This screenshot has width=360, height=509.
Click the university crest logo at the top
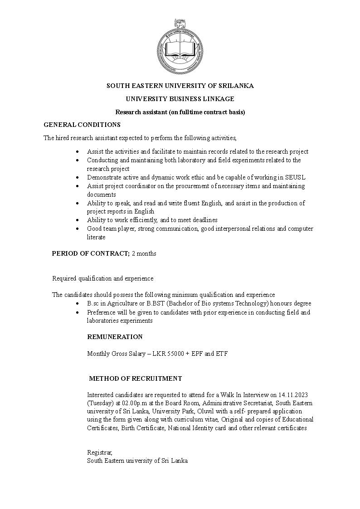tap(180, 47)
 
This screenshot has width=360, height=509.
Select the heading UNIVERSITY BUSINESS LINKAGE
tap(180, 98)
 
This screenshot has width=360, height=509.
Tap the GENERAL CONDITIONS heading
tap(82, 124)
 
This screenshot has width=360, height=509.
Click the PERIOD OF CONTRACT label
tap(91, 253)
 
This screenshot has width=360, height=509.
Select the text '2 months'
tap(144, 253)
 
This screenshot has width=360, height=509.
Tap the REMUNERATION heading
tap(115, 337)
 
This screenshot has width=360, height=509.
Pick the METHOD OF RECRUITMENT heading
tap(136, 378)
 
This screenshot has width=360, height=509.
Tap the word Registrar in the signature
tap(99, 452)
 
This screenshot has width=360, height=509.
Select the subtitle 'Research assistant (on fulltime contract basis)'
tap(180, 111)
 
